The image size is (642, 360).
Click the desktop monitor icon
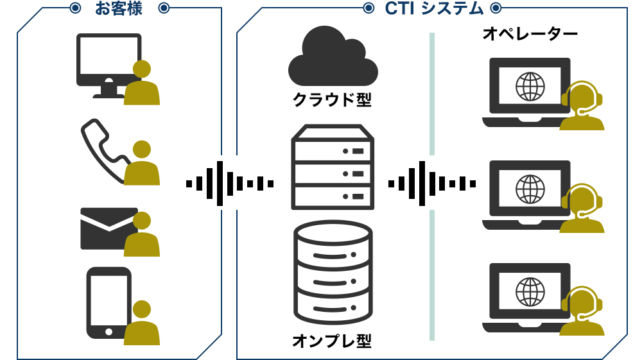pos(108,64)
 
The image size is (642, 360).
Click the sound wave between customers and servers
pos(230,184)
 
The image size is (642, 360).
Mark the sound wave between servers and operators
pos(432,184)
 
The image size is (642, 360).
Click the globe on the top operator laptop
pos(530,86)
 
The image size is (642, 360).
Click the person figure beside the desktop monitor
pos(142,83)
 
